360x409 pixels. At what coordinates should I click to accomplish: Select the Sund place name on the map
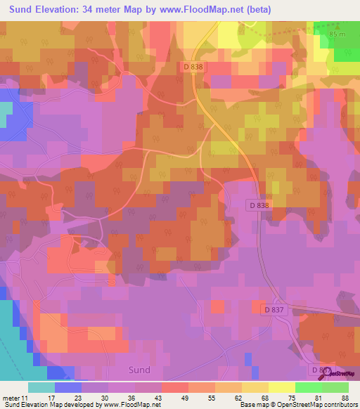[139, 369]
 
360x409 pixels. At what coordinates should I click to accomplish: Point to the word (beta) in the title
[253, 10]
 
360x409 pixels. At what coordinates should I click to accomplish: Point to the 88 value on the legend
[345, 397]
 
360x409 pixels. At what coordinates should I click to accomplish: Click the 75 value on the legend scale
[283, 397]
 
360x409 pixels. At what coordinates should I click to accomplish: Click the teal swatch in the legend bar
[41, 387]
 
